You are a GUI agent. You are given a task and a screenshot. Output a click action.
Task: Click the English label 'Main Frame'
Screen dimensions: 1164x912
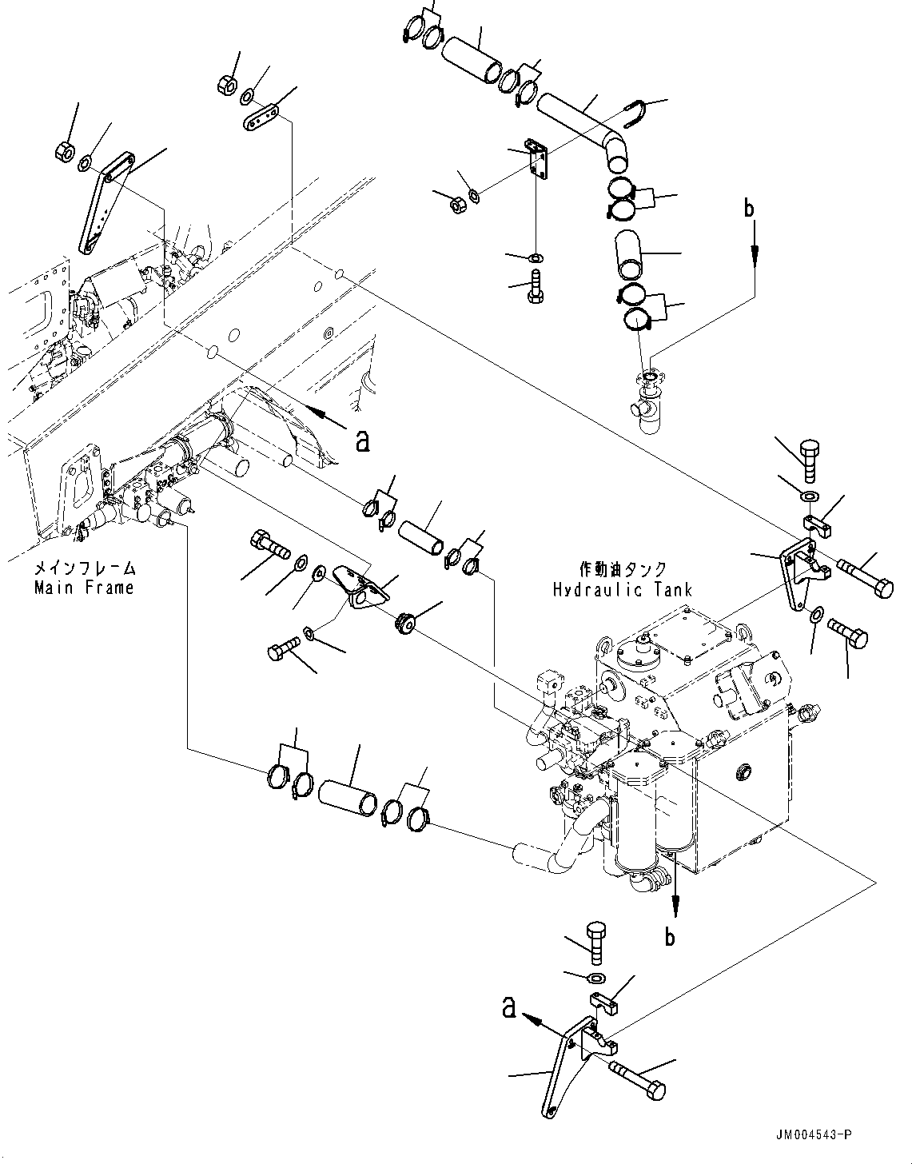(x=83, y=588)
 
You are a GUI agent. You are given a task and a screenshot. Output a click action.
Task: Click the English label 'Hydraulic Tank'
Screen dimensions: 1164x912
(x=622, y=590)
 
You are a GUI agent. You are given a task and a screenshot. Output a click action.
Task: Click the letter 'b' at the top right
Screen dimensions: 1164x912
(x=749, y=209)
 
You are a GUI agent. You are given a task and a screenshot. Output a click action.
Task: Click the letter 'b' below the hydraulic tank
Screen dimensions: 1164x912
(x=671, y=935)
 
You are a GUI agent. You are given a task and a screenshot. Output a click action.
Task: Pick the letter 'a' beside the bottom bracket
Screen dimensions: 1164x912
(x=508, y=1008)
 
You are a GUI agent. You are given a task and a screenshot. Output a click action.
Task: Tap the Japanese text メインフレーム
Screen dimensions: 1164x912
(x=83, y=569)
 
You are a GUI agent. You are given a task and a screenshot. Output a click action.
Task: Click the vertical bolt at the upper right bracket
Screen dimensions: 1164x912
(x=808, y=460)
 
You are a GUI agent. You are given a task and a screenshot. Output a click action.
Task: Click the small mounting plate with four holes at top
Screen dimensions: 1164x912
(x=537, y=163)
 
